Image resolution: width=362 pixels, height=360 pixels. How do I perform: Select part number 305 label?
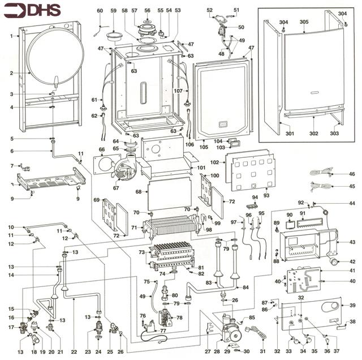pos(304,22)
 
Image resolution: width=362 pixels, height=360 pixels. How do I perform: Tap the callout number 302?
pos(313,134)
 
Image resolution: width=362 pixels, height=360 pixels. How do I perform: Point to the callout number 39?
pos(352,306)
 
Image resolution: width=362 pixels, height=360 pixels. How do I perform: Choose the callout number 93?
pos(266,195)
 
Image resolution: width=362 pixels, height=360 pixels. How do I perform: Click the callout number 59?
pos(113,11)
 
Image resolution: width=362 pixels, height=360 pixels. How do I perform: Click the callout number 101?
pos(201,168)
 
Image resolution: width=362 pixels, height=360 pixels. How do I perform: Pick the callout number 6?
pos(11,151)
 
